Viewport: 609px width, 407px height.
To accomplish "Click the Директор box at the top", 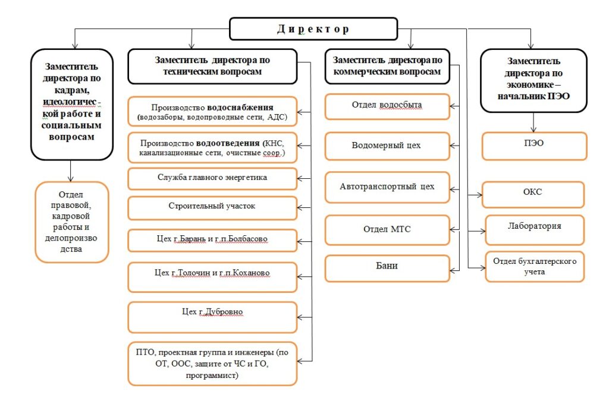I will click(x=313, y=29).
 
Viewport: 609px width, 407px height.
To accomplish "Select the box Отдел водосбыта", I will click(x=387, y=106).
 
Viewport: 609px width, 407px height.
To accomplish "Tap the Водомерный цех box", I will click(x=387, y=146).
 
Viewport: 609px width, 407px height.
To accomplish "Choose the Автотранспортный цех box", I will click(x=387, y=187).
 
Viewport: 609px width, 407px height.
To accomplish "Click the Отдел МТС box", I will click(x=387, y=229).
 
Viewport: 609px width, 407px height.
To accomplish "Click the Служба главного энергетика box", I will click(x=212, y=178).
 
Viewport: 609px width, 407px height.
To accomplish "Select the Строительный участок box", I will click(x=212, y=207).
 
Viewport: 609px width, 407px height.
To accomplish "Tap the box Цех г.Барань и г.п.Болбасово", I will click(x=212, y=239).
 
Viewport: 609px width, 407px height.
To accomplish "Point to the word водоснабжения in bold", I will click(x=240, y=108).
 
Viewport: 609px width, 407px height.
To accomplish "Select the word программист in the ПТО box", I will click(x=212, y=376).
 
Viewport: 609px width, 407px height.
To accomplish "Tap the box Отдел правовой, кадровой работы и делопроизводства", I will click(x=71, y=222).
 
